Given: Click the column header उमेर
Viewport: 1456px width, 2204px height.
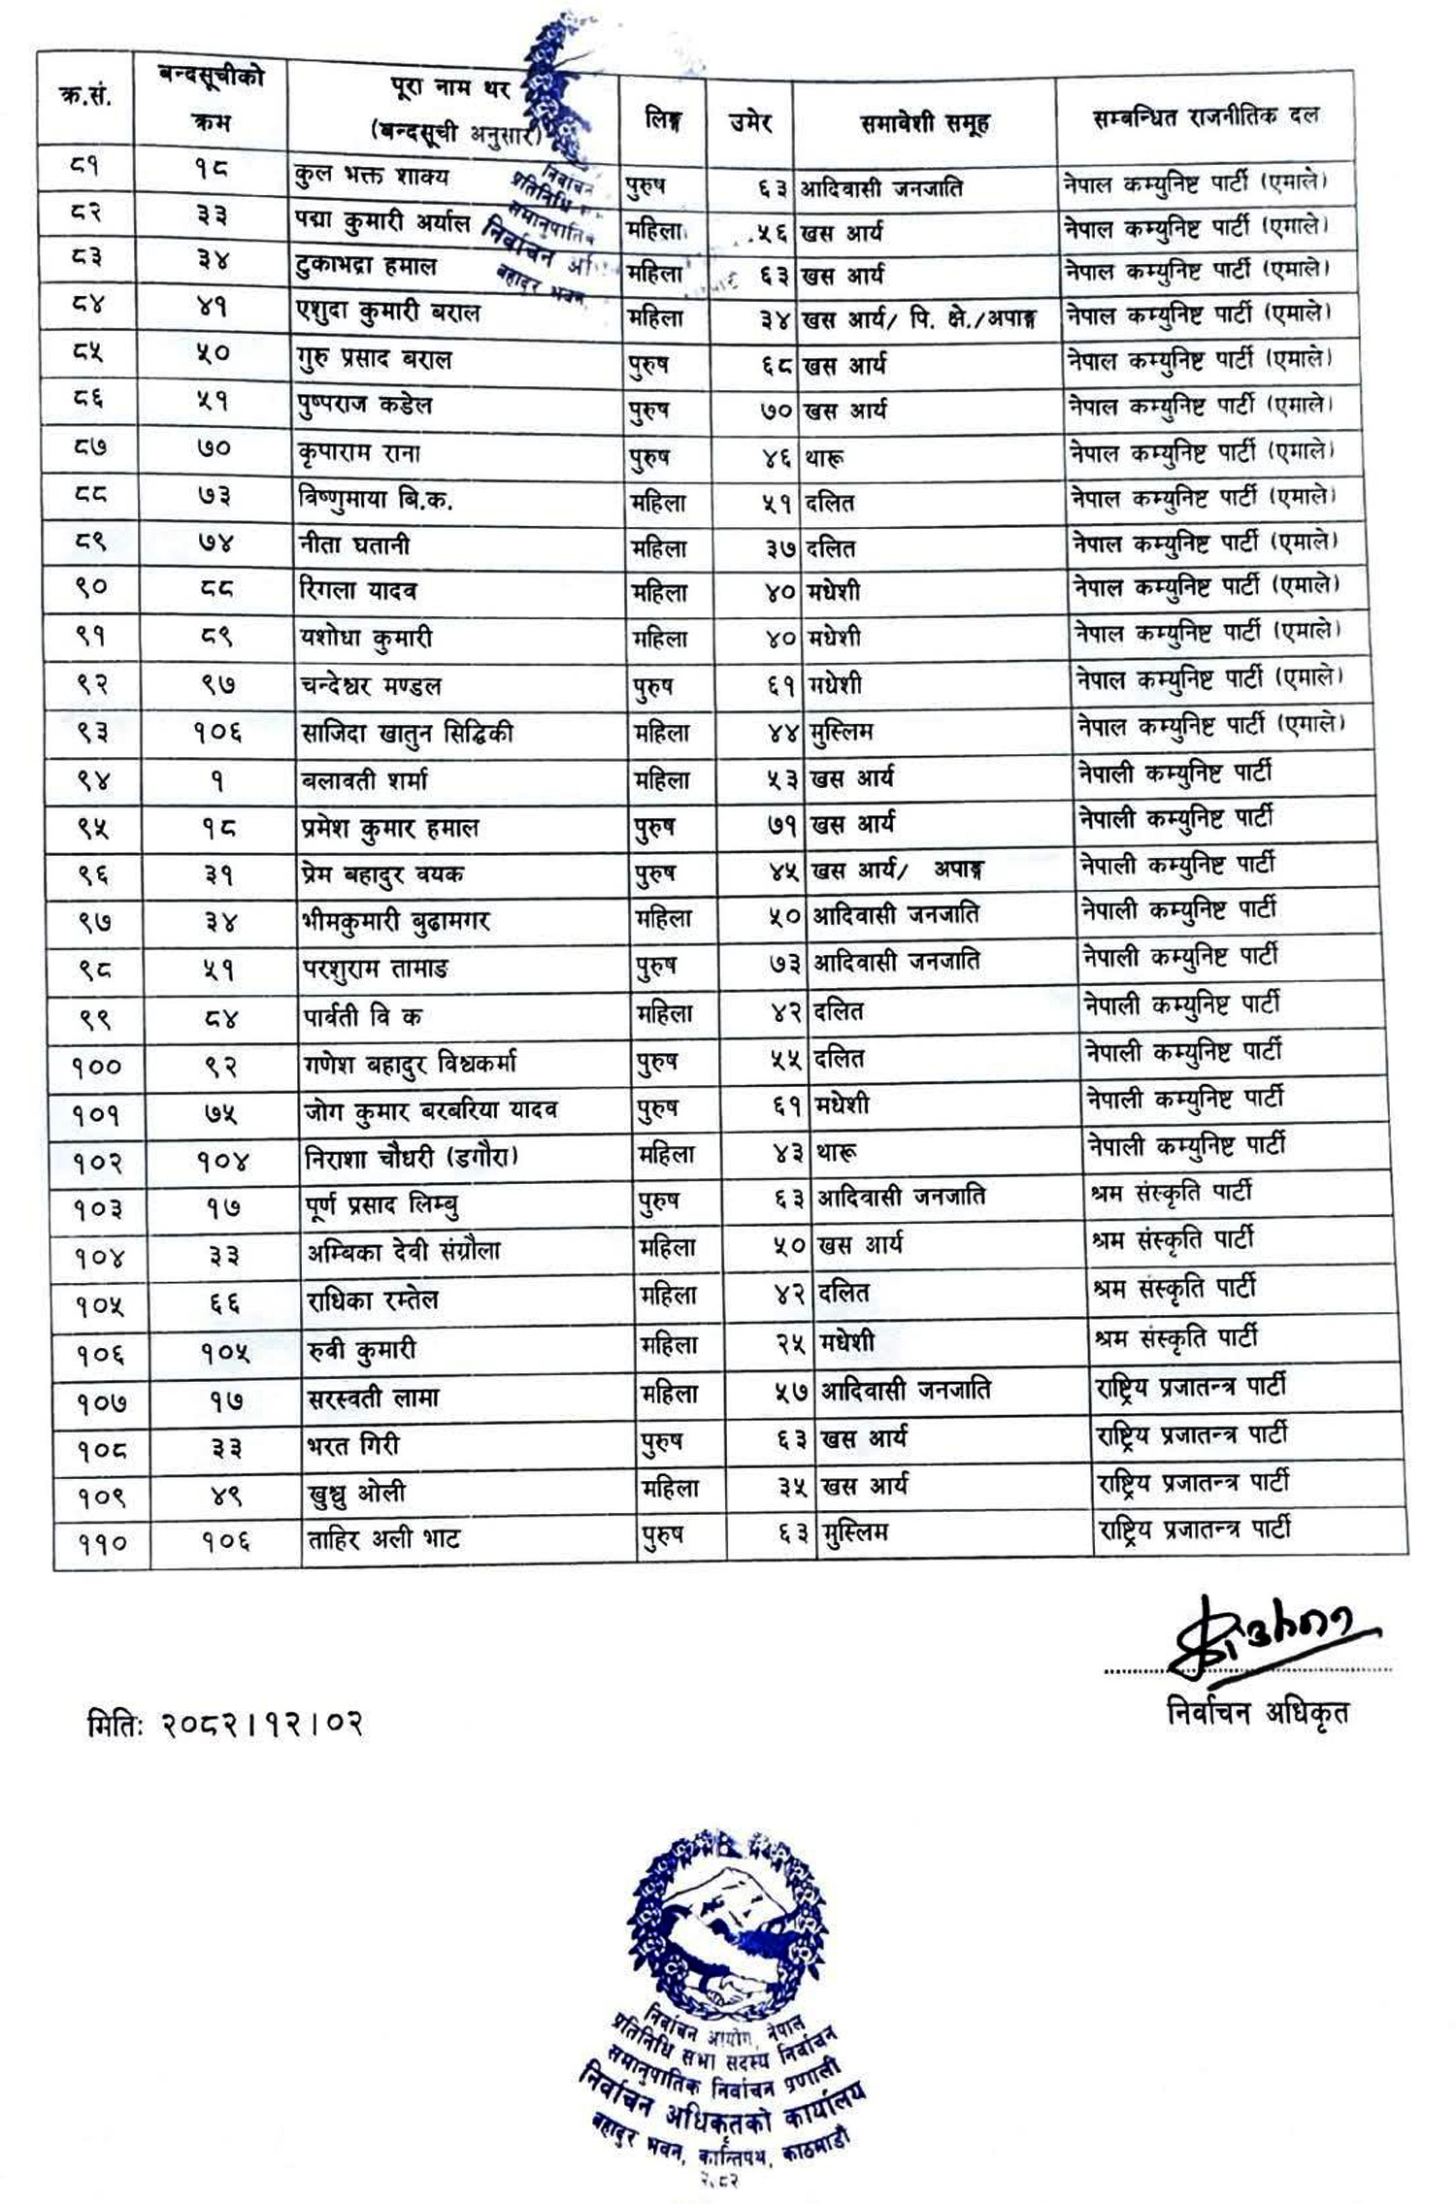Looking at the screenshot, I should click(x=749, y=122).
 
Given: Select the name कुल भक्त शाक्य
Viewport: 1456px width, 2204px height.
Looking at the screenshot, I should click(x=372, y=178).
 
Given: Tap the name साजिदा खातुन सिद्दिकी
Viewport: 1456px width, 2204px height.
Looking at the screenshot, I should click(x=407, y=734).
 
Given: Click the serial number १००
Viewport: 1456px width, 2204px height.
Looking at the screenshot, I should click(x=96, y=1067).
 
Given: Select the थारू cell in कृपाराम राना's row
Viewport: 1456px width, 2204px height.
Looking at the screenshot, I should click(x=824, y=457).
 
